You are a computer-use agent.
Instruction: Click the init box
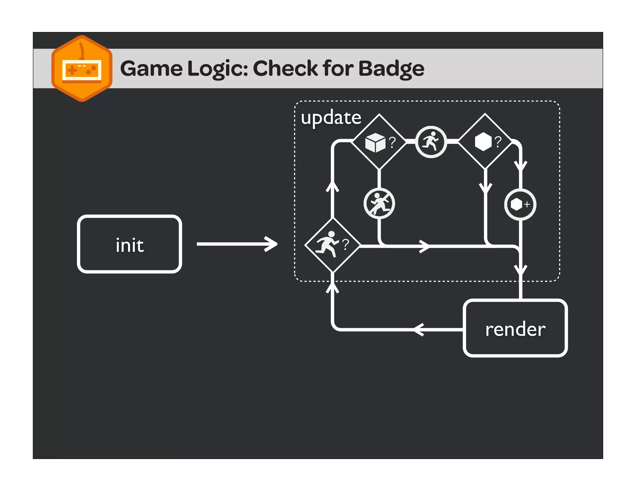129,244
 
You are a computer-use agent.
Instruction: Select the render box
515,328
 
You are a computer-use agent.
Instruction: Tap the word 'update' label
331,118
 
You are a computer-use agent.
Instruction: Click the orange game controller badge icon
82,69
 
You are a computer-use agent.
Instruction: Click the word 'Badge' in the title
391,69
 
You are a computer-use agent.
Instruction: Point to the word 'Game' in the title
151,69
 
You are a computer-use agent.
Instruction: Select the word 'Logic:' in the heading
218,69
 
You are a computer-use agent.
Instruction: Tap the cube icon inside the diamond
375,142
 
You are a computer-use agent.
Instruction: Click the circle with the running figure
431,142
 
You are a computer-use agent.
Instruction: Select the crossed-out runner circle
379,204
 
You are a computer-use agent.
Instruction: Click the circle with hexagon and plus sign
520,205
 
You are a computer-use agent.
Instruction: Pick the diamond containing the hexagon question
485,142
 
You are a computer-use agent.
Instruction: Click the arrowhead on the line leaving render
418,329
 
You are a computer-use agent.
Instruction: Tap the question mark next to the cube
393,142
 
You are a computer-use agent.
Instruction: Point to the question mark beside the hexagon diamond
498,142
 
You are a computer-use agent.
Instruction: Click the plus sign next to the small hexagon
527,204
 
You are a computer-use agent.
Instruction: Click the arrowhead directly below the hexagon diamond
485,187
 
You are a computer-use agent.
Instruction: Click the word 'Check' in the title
286,69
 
